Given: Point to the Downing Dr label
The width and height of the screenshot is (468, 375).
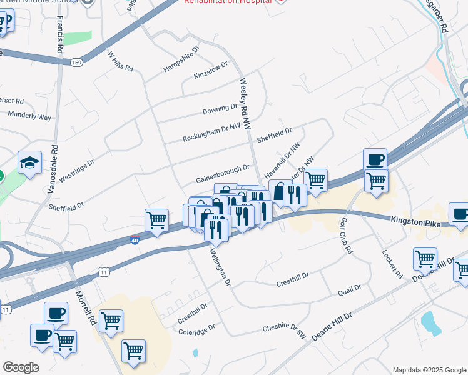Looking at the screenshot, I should (220, 110).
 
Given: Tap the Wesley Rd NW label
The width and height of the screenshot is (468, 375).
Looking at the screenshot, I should (245, 104).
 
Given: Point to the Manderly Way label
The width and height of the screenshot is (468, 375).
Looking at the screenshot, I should (29, 116).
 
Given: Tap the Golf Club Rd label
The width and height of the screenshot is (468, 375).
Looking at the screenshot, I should (346, 236).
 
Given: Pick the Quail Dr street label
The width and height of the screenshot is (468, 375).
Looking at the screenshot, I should (349, 287).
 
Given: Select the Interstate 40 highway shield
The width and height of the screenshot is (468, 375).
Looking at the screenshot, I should (135, 240).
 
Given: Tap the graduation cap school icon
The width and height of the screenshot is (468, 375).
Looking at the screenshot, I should (29, 163).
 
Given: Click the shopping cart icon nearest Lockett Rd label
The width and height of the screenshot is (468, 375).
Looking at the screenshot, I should (425, 258).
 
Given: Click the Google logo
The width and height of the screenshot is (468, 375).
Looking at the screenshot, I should (21, 367).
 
